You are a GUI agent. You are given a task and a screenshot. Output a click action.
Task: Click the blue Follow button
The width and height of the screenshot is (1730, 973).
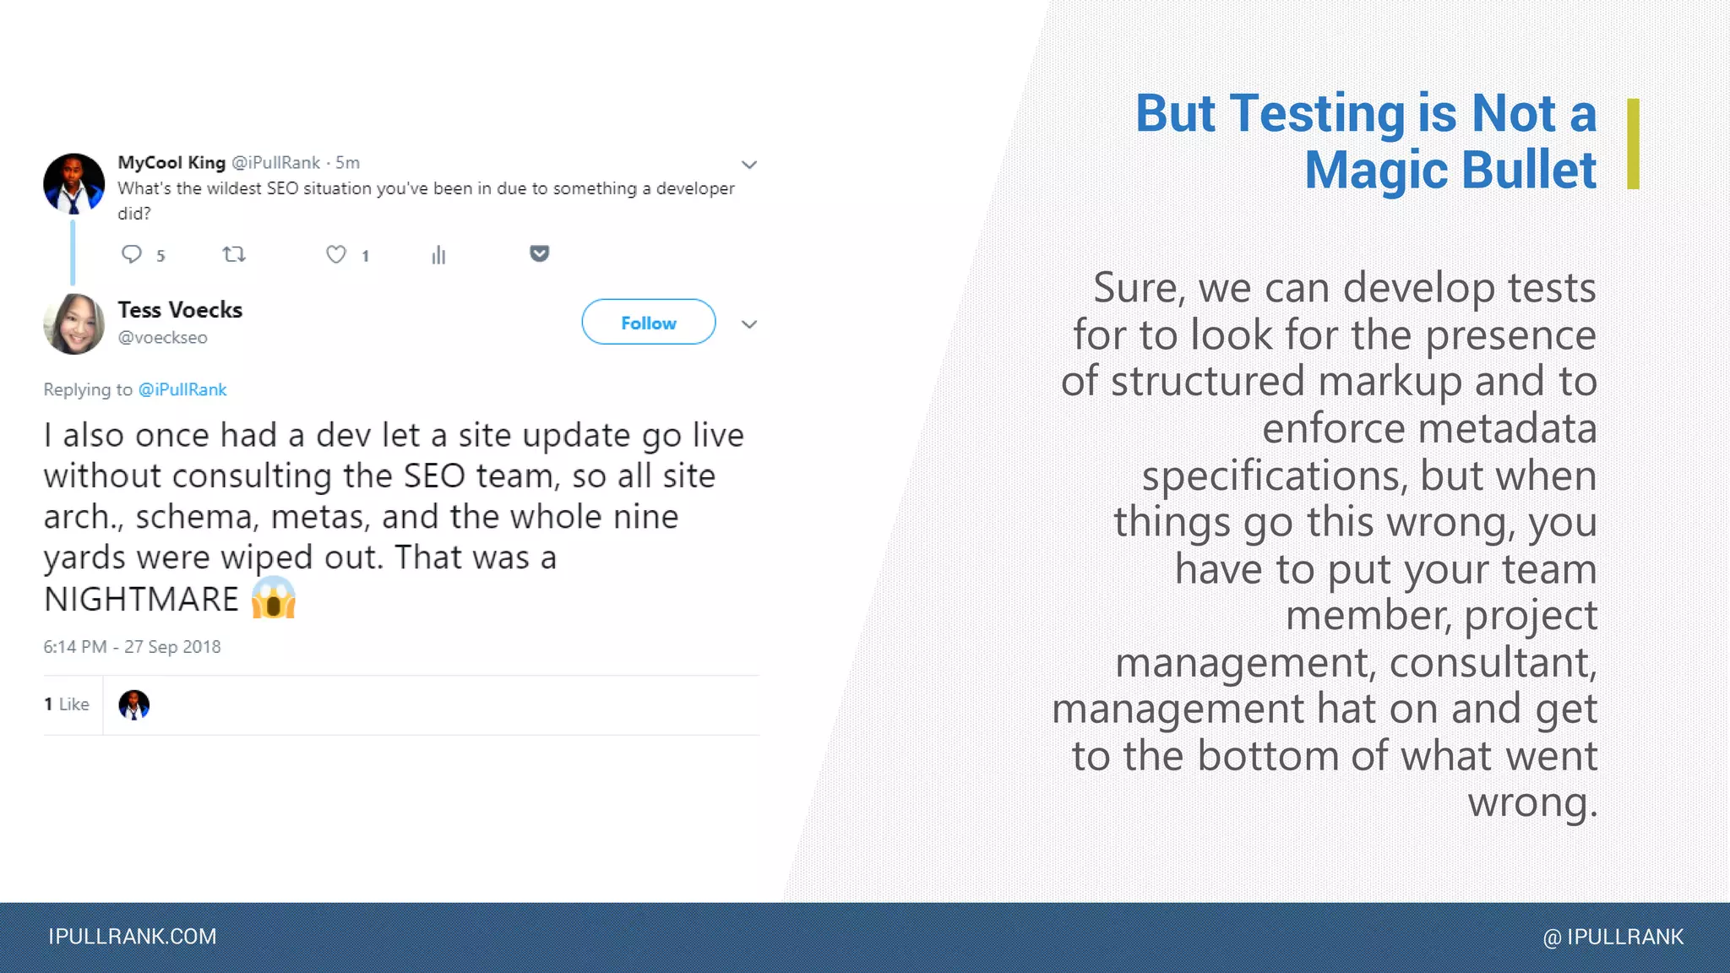[x=648, y=322]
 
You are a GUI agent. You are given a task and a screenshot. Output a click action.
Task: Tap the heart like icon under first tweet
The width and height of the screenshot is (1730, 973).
[x=336, y=254]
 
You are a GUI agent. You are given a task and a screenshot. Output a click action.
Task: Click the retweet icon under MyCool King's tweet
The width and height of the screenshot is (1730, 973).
[x=234, y=254]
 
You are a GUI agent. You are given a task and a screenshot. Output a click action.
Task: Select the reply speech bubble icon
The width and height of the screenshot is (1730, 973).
[x=132, y=254]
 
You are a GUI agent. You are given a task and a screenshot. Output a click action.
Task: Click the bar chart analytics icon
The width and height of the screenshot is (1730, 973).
[x=438, y=255]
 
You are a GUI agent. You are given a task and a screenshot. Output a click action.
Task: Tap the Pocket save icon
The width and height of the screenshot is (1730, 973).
[x=540, y=253]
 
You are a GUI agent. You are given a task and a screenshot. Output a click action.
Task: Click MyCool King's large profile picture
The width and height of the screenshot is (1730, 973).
[x=74, y=183]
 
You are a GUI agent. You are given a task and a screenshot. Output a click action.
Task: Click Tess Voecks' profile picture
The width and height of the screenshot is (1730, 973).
[x=74, y=323]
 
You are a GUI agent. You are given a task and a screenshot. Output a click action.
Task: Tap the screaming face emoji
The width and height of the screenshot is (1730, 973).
[x=274, y=598]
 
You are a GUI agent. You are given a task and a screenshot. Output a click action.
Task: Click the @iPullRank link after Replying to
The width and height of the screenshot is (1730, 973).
[x=182, y=389]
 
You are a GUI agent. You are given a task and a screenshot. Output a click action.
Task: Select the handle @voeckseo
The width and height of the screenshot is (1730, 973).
[x=162, y=337]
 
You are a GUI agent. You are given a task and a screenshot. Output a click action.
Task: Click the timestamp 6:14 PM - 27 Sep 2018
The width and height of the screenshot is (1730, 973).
[x=132, y=647]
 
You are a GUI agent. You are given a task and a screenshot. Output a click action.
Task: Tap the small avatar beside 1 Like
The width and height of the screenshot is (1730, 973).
[x=133, y=704]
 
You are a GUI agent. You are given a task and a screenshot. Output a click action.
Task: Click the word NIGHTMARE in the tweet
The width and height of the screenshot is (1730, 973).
[x=142, y=599]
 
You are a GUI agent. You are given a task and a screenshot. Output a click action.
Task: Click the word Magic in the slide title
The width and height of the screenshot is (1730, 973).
[x=1375, y=170]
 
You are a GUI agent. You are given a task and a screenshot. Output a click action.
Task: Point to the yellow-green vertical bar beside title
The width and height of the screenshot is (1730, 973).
[x=1632, y=144]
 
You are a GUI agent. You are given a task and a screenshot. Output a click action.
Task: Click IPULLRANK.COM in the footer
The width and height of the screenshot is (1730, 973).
[x=133, y=937]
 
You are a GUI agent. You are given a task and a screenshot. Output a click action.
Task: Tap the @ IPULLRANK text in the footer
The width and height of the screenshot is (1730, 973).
[x=1613, y=937]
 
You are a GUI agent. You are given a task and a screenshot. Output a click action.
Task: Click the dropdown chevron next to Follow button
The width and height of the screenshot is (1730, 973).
[x=748, y=324]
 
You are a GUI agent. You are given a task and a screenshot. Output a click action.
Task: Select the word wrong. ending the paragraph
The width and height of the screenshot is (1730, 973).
[x=1531, y=802]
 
